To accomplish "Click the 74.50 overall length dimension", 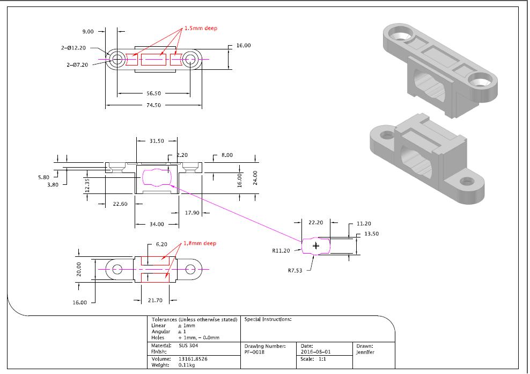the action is coord(153,105).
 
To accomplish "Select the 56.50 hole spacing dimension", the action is coord(153,93).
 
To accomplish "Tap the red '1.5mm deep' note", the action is coord(201,28).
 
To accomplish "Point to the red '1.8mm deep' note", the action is coord(200,243).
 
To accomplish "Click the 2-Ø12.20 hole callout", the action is coord(73,48).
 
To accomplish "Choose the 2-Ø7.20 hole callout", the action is coord(77,64).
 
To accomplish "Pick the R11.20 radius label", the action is coord(281,251).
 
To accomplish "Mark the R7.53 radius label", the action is coord(295,270).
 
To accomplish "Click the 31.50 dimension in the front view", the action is coord(157,141).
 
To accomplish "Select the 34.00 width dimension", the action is coord(157,224).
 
